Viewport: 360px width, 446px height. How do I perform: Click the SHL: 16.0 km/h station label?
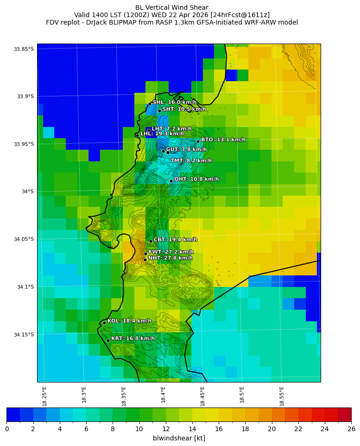(174, 102)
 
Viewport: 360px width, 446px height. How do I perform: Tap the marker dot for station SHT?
(159, 111)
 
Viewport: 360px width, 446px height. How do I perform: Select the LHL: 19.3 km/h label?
(160, 134)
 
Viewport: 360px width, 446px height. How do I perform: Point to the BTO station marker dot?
(198, 142)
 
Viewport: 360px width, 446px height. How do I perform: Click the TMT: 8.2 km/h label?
(191, 161)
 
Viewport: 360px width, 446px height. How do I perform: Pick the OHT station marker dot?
(171, 181)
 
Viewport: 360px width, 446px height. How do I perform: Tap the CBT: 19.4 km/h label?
(175, 240)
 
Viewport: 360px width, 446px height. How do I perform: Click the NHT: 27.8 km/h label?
(170, 258)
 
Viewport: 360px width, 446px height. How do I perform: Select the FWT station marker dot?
(145, 254)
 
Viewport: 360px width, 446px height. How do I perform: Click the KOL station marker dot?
(104, 323)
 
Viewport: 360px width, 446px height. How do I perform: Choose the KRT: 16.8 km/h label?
(133, 338)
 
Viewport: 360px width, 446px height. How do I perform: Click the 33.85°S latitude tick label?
(24, 49)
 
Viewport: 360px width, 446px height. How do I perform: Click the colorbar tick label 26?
(351, 429)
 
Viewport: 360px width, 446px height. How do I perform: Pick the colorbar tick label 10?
(139, 429)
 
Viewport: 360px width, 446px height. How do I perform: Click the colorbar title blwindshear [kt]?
(179, 438)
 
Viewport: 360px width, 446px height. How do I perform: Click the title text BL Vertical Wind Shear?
(172, 7)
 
